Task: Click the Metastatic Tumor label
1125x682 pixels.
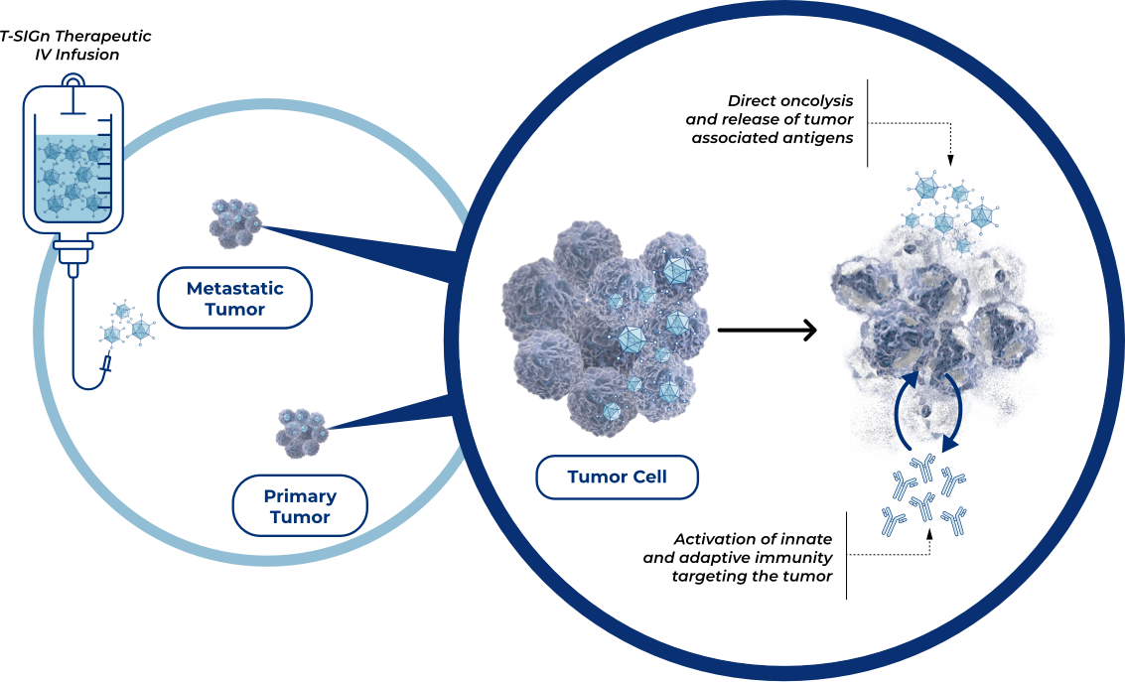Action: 235,299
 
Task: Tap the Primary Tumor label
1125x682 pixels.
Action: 300,506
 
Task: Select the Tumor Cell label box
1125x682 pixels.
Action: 617,477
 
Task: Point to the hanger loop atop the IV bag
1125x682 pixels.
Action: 72,81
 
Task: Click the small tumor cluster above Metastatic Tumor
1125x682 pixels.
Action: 235,220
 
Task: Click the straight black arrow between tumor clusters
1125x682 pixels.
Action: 766,331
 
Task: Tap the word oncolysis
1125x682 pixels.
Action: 811,101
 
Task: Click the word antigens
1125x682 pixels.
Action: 816,138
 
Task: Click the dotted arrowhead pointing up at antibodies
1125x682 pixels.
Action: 930,532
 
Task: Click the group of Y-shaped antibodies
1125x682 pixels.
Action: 923,497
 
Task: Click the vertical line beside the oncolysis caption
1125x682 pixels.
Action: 867,122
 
